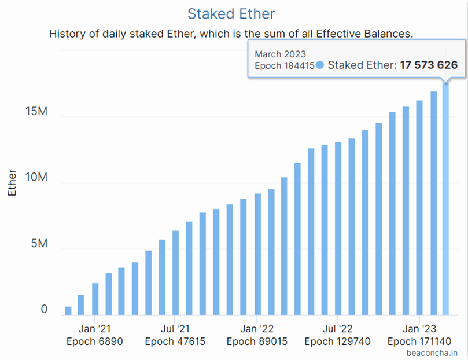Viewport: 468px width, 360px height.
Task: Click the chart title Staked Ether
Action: click(x=231, y=13)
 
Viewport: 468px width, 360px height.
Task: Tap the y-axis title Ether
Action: click(x=13, y=183)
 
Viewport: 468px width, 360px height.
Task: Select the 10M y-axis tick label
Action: click(x=35, y=178)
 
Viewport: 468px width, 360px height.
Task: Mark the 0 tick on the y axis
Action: click(x=44, y=310)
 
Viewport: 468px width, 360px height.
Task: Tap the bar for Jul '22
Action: click(x=338, y=229)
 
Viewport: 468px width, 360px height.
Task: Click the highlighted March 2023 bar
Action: click(x=446, y=200)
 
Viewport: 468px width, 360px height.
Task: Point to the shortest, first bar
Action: click(x=68, y=311)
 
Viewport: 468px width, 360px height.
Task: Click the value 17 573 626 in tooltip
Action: click(x=428, y=65)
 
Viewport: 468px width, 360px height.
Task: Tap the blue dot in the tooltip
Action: click(x=320, y=65)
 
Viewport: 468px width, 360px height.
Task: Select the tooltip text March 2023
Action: click(x=281, y=54)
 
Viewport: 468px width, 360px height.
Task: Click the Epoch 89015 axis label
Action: click(x=257, y=341)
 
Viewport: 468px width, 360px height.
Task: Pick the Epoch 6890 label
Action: click(x=95, y=341)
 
